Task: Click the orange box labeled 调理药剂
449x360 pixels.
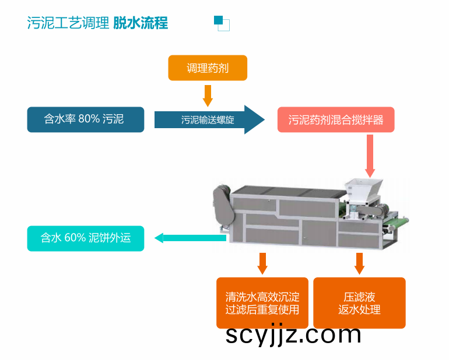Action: click(208, 68)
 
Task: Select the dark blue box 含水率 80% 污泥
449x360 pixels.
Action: click(86, 119)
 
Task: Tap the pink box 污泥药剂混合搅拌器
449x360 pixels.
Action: click(336, 119)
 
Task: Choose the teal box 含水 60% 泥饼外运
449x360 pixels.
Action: click(86, 238)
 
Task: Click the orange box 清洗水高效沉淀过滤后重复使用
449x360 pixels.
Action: click(262, 303)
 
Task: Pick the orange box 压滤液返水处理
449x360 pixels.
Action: click(359, 303)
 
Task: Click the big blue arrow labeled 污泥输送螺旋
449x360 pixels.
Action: click(209, 119)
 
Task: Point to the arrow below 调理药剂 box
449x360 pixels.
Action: click(208, 96)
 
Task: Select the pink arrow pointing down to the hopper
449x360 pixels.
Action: click(370, 156)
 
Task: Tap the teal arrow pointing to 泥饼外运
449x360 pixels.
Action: click(191, 238)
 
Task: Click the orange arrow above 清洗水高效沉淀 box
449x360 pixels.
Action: click(262, 263)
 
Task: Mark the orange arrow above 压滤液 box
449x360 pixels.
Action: click(359, 263)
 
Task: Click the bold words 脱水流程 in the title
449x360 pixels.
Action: click(141, 23)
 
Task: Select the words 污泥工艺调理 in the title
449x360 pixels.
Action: click(68, 23)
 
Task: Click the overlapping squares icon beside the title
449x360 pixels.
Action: click(222, 23)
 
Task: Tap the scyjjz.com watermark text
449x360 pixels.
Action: click(293, 334)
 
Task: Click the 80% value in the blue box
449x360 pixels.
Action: click(89, 119)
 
